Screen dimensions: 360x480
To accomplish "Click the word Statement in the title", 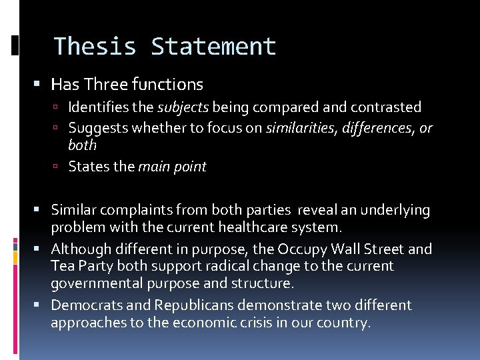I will click(213, 47).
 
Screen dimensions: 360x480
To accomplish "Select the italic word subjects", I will click(183, 107).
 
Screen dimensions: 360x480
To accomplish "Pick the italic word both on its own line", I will click(82, 145).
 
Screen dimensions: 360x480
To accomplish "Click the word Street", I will click(381, 249).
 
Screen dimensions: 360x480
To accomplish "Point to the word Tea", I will click(63, 267).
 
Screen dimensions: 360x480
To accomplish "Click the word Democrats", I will click(83, 305).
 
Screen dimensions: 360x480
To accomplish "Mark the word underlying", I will click(395, 211).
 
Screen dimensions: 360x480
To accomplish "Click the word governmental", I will click(94, 284).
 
